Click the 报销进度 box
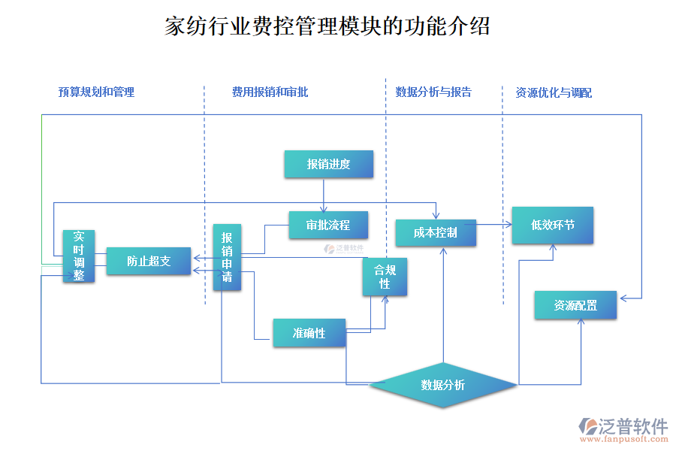click(328, 164)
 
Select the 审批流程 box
click(329, 225)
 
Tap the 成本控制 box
click(436, 232)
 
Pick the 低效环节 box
click(552, 225)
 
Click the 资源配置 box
click(575, 305)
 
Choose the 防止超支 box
click(148, 261)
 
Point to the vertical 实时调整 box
click(79, 256)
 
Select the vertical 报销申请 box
click(227, 257)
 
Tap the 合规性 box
click(385, 276)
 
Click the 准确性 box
click(309, 332)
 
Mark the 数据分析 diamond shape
click(442, 385)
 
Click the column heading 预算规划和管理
click(96, 92)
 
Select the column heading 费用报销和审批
click(270, 92)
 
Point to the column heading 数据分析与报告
click(433, 92)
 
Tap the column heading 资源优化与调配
click(553, 93)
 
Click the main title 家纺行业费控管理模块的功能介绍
click(327, 27)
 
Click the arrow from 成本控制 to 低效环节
click(493, 224)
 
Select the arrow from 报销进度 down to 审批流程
click(324, 195)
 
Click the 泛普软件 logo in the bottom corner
click(623, 426)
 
